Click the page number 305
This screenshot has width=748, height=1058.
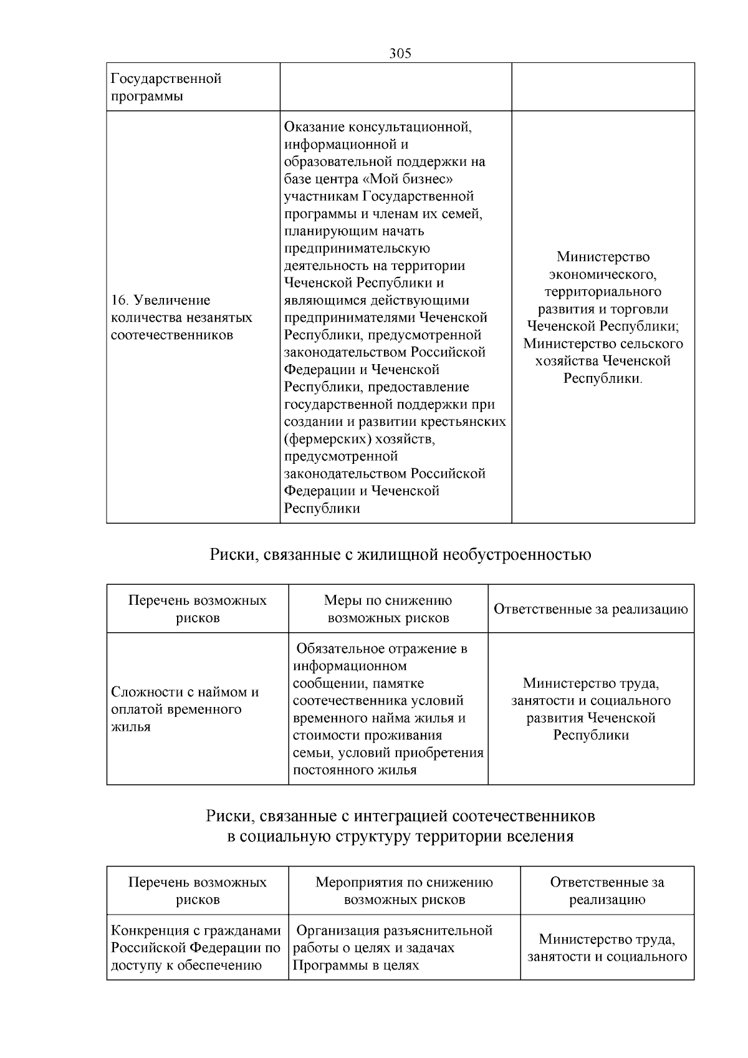[x=400, y=54]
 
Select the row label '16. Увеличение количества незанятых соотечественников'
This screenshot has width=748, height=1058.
[x=181, y=317]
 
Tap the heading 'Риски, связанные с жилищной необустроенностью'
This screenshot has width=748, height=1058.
[x=400, y=554]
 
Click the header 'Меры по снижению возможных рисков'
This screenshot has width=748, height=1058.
[x=388, y=609]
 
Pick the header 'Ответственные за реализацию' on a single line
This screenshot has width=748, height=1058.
[x=590, y=609]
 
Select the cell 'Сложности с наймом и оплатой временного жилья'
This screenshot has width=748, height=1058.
[x=185, y=709]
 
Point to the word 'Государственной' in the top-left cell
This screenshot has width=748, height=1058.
[x=166, y=79]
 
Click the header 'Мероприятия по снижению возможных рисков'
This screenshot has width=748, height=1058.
[x=404, y=890]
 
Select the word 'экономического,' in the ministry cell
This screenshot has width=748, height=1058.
[x=603, y=274]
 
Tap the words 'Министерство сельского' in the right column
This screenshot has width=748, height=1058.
[x=603, y=344]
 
